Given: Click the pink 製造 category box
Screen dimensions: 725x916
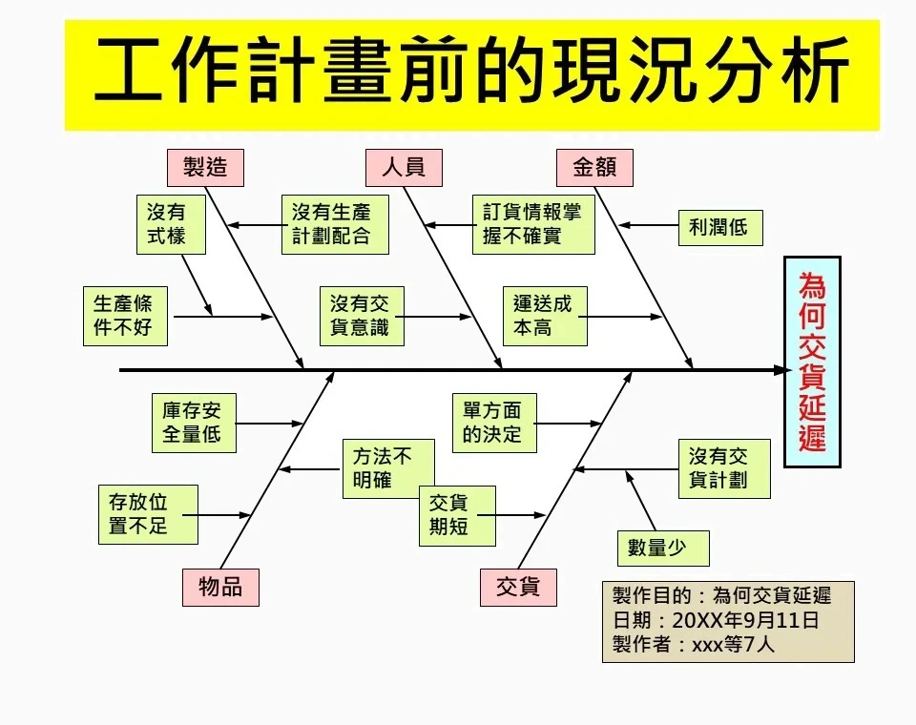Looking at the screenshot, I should [x=205, y=168].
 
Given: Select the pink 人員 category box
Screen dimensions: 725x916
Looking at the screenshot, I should [x=404, y=168].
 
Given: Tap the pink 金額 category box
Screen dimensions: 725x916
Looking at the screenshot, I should [x=594, y=168].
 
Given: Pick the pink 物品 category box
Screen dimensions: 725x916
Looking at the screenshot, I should [x=220, y=587].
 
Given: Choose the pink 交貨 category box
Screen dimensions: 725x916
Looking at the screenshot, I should [x=518, y=587].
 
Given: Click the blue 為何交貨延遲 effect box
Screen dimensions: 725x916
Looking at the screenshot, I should [x=812, y=362].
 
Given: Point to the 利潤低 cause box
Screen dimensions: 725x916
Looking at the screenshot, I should [x=719, y=227].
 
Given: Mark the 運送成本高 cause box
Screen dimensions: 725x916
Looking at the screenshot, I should [x=544, y=316].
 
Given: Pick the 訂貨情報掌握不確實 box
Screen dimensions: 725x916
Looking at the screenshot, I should [x=533, y=225].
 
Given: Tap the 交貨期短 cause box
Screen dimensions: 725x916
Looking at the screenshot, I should [x=457, y=515].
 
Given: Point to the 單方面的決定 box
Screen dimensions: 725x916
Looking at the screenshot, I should [x=493, y=424].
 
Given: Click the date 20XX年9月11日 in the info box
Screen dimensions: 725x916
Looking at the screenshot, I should [x=745, y=620].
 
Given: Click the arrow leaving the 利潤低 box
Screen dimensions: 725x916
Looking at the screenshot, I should [x=649, y=226].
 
